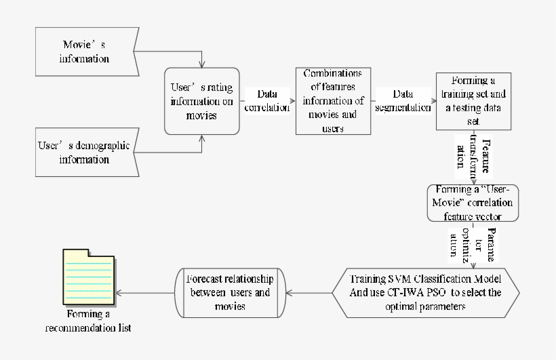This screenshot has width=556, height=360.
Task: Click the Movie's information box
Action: pos(85,52)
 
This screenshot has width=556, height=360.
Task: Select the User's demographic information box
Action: pos(85,153)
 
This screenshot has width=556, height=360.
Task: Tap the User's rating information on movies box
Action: pos(201,101)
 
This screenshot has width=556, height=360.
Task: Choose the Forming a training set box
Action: pos(473,100)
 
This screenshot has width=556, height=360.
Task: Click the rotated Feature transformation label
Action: pos(473,157)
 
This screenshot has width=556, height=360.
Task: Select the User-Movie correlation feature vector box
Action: pos(473,203)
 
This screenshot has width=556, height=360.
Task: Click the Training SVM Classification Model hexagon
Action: pos(426,293)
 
